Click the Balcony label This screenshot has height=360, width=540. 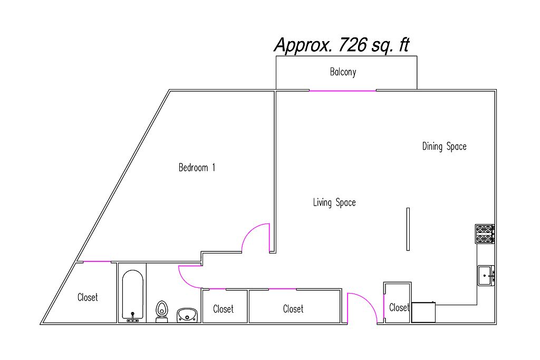(343, 72)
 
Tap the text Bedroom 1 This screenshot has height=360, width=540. (197, 168)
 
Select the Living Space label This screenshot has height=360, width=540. (334, 202)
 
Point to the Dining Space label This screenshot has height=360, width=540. (444, 147)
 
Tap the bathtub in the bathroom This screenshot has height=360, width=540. (132, 295)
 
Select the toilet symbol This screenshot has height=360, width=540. (161, 312)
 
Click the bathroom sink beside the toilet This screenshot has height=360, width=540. (187, 315)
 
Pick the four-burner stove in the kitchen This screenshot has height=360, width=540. (485, 233)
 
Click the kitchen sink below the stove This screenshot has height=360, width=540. (486, 275)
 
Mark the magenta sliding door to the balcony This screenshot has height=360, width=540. (343, 91)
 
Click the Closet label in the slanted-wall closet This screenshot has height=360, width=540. (88, 297)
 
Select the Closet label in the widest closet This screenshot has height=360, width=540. (293, 309)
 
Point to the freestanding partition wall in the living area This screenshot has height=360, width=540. (408, 229)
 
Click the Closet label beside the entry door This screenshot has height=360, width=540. (399, 307)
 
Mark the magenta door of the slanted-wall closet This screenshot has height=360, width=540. (97, 261)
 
